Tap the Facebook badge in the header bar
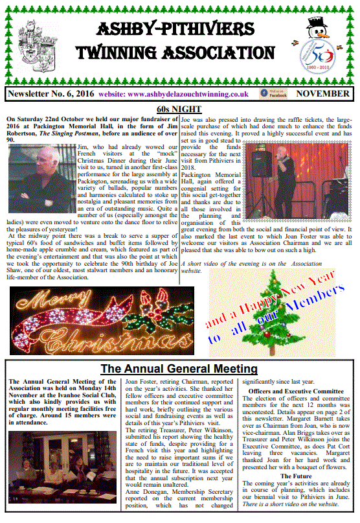[273, 93]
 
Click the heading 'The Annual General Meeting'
[179, 369]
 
